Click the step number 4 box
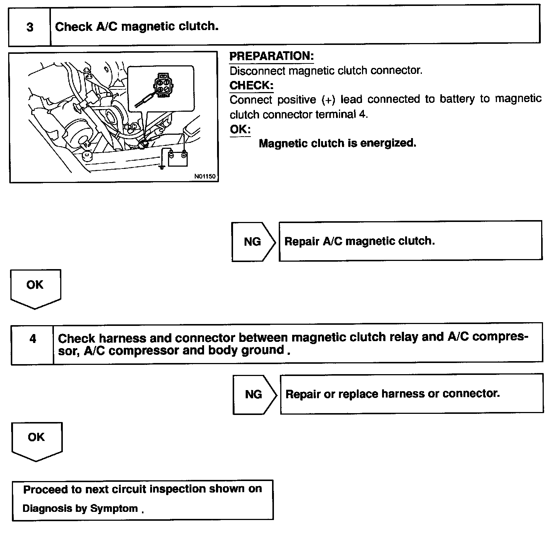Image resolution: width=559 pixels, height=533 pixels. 33,339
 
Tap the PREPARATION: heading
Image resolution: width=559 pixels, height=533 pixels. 271,56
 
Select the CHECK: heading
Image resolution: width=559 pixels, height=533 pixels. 251,85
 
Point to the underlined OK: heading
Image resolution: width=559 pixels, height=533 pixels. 240,130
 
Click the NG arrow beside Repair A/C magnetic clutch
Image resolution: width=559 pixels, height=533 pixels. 253,242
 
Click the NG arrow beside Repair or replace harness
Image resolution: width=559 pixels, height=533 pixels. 254,394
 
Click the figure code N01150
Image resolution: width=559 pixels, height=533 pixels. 205,176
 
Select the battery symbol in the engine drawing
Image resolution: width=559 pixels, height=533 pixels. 178,158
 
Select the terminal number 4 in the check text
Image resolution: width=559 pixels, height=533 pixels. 362,115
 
